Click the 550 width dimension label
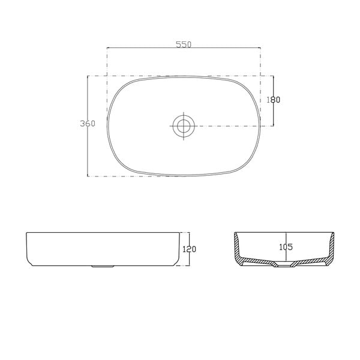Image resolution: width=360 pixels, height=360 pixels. coord(184,43)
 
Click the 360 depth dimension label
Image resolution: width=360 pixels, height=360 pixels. coord(88,124)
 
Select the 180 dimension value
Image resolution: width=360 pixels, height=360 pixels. coord(274,100)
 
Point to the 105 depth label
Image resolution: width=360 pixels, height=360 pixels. coord(286,247)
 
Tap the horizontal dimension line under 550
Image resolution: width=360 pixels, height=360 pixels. coord(184,49)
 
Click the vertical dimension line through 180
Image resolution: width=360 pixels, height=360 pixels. coord(274,114)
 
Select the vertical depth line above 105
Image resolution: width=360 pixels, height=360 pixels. coord(286,237)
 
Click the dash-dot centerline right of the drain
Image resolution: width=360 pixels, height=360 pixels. coord(228,126)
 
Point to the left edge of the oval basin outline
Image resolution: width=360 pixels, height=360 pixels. coord(107,126)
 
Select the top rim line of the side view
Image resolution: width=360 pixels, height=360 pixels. coord(102,233)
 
